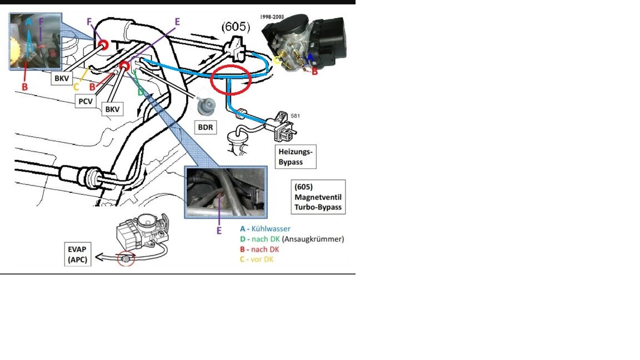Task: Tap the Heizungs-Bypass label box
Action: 296,156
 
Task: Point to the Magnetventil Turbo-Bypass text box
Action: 318,197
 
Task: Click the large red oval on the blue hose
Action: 231,79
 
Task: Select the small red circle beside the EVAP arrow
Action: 125,259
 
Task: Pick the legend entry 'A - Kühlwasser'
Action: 265,228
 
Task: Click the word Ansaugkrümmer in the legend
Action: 314,239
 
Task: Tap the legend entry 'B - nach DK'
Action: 259,249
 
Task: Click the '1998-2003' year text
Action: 272,17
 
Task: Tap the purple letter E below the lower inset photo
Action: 219,230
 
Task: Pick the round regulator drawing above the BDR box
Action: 207,106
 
